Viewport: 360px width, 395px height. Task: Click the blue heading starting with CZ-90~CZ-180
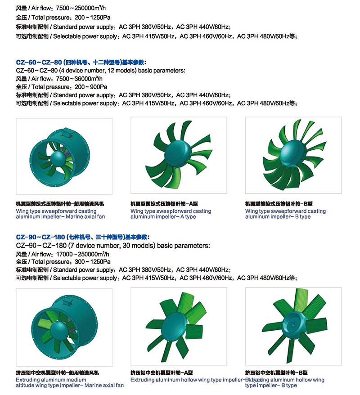[x=83, y=237]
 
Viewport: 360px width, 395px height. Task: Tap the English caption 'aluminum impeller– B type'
[x=278, y=217]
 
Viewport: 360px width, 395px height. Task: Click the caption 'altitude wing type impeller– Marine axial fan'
[x=70, y=386]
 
